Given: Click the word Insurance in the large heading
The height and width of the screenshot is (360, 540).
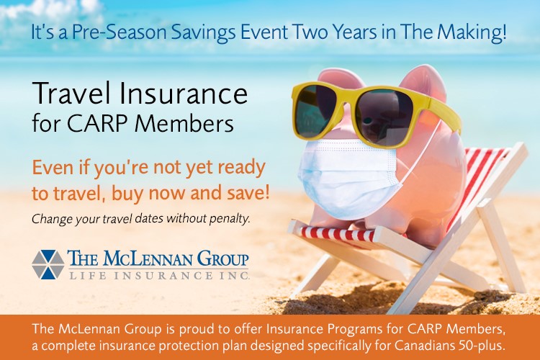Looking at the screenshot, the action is pos(183,94).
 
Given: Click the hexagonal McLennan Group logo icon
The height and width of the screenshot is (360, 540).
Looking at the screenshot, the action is pos(48,264).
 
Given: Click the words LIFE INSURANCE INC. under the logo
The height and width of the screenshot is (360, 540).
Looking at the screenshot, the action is pos(159,276).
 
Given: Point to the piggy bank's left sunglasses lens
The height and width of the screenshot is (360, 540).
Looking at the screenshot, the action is pos(317,110).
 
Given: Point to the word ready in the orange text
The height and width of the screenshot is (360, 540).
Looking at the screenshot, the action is pos(242,168).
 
